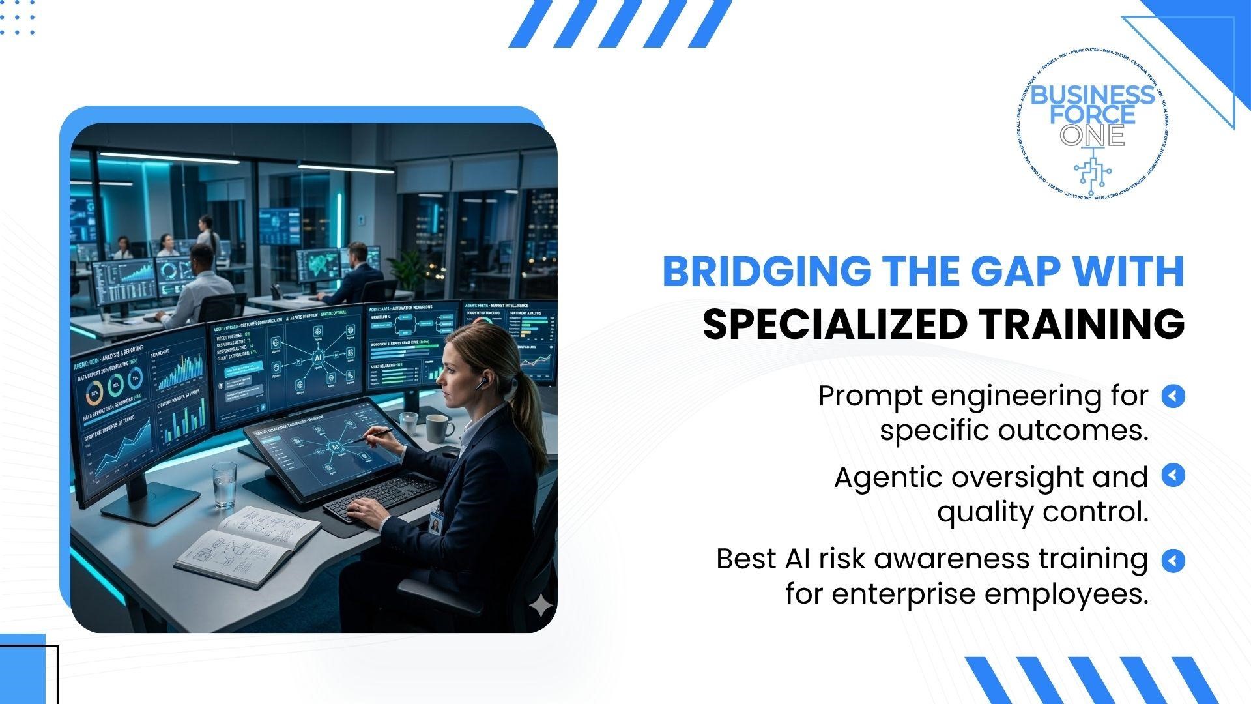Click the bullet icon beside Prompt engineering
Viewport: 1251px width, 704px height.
pyautogui.click(x=1173, y=396)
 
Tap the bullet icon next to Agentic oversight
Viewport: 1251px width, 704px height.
pyautogui.click(x=1173, y=475)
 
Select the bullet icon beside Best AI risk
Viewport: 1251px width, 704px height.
pyautogui.click(x=1173, y=560)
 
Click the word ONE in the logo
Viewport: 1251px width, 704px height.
pyautogui.click(x=1092, y=135)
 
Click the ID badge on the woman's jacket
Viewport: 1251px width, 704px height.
pyautogui.click(x=435, y=522)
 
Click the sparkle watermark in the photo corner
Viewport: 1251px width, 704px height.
pyautogui.click(x=540, y=608)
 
